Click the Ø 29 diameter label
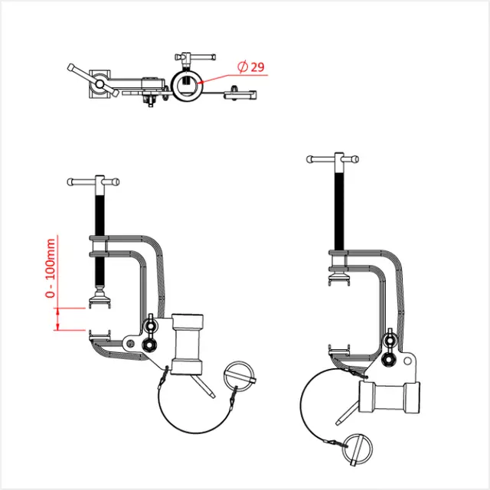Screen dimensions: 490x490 click(x=251, y=67)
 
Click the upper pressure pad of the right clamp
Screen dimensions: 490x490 click(x=338, y=272)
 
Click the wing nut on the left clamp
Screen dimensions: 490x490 click(x=150, y=328)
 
